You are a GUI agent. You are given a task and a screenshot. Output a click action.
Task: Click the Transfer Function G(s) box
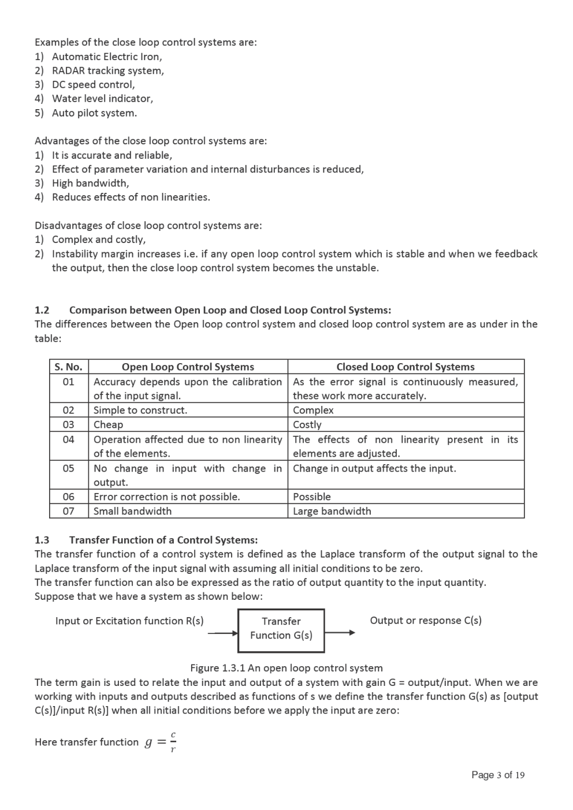[281, 630]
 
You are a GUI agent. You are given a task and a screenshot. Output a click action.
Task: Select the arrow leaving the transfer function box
[340, 633]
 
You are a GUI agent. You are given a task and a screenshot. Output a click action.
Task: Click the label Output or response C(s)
[426, 620]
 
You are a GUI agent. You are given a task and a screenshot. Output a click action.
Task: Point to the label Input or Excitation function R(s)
[129, 621]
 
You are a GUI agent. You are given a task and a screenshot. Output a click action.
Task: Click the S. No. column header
[68, 367]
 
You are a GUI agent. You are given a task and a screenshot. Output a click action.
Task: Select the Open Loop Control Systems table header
[188, 367]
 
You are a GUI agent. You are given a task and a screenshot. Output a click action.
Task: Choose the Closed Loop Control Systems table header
[405, 367]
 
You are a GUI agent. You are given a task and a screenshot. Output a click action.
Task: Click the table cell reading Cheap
[109, 424]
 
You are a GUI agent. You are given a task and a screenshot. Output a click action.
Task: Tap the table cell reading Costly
[307, 424]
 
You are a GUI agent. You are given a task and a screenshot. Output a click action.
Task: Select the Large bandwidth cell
[332, 511]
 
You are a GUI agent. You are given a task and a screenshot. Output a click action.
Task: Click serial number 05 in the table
[68, 468]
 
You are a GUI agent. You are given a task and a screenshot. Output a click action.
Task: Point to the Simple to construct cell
[140, 410]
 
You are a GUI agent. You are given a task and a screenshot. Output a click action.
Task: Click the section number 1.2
[42, 310]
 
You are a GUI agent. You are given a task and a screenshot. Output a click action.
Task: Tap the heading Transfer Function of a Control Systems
[163, 540]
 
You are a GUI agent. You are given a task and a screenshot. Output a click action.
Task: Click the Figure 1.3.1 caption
[286, 668]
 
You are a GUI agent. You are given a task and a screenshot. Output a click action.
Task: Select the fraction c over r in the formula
[173, 742]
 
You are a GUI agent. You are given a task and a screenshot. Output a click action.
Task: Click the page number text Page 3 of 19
[498, 775]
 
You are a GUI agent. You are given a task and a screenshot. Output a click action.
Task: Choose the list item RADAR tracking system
[108, 70]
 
